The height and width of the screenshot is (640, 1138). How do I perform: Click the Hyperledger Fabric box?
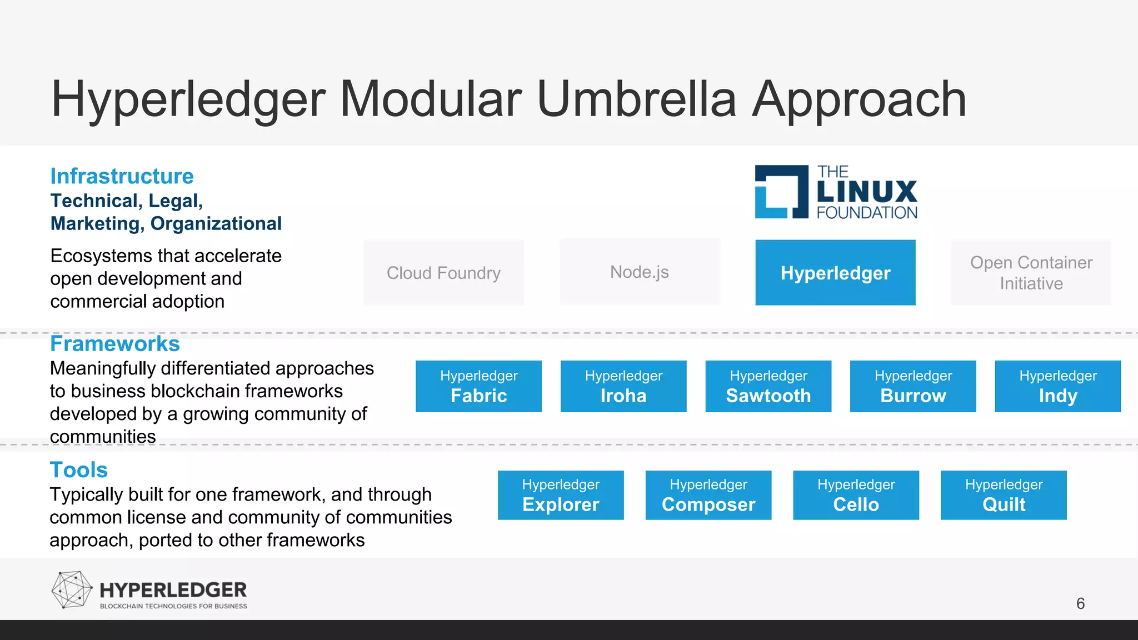pyautogui.click(x=478, y=386)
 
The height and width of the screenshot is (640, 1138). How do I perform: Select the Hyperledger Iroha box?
pyautogui.click(x=623, y=386)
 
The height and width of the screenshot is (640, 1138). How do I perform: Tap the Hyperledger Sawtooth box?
pyautogui.click(x=768, y=386)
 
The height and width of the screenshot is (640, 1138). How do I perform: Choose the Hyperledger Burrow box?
pyautogui.click(x=913, y=386)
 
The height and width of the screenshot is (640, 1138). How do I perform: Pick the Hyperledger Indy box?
pyautogui.click(x=1057, y=386)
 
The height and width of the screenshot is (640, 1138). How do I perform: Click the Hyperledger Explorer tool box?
pyautogui.click(x=561, y=495)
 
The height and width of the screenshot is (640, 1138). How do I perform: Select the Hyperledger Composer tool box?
pyautogui.click(x=708, y=495)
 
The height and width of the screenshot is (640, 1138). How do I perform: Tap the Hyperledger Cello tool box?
pyautogui.click(x=856, y=495)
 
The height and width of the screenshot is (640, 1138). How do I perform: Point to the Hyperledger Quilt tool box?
pyautogui.click(x=1004, y=495)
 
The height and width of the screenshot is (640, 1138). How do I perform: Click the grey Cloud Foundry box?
pyautogui.click(x=443, y=272)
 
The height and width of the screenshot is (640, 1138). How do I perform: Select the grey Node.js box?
pyautogui.click(x=640, y=272)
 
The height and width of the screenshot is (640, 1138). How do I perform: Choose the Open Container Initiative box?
pyautogui.click(x=1031, y=272)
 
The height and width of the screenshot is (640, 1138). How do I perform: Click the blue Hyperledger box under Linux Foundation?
pyautogui.click(x=835, y=272)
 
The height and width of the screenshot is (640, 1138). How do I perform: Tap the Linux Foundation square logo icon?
pyautogui.click(x=781, y=192)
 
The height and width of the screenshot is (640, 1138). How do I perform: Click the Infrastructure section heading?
pyautogui.click(x=122, y=176)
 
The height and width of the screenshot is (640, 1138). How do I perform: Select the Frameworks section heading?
pyautogui.click(x=115, y=344)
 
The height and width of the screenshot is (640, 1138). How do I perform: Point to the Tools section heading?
pyautogui.click(x=78, y=470)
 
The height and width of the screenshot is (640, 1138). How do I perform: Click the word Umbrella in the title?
pyautogui.click(x=637, y=99)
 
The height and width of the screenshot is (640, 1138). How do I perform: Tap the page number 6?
pyautogui.click(x=1080, y=603)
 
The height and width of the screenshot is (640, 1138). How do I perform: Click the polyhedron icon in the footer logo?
pyautogui.click(x=71, y=589)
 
